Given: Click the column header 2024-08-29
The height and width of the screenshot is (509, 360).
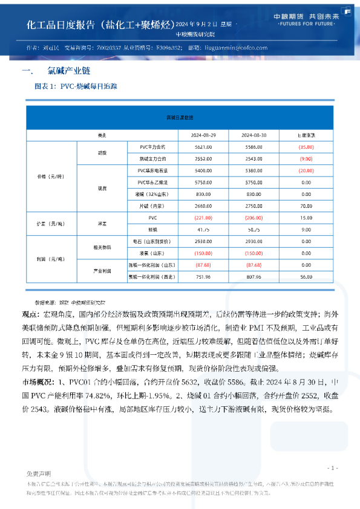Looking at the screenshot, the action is pyautogui.click(x=203, y=135).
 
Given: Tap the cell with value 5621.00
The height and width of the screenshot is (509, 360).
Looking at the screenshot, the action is pyautogui.click(x=203, y=147).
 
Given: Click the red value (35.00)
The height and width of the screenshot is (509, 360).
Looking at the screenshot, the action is pyautogui.click(x=306, y=147).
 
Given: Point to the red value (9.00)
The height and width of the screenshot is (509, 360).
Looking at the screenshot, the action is pyautogui.click(x=306, y=158).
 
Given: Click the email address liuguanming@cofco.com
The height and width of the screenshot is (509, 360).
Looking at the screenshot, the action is pyautogui.click(x=236, y=47).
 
